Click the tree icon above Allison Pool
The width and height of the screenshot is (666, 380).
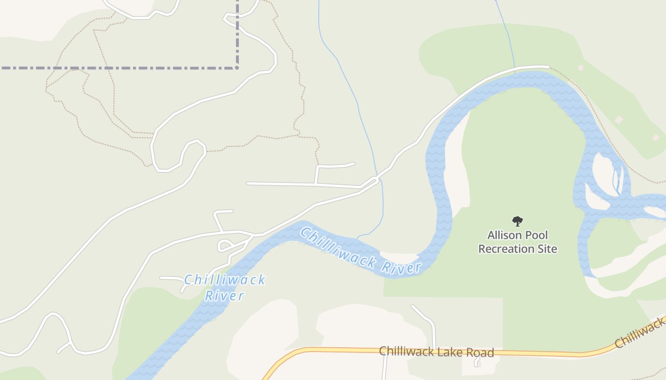pos(518,221)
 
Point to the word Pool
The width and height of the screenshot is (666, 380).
pos(536,235)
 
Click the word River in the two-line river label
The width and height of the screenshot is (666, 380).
pos(224,296)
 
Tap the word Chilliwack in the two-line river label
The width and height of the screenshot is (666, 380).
pos(224,280)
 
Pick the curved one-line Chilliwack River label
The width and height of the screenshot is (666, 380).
pos(360,252)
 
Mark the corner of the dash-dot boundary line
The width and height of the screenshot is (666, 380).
pos(237,68)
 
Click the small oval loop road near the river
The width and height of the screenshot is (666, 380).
pos(225,246)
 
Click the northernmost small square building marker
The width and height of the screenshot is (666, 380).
pos(580,68)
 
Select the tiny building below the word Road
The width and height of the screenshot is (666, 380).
pos(477,364)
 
